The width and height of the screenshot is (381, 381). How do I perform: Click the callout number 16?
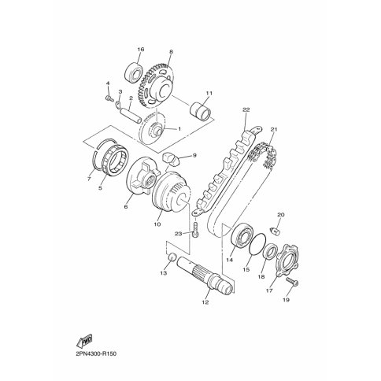141,50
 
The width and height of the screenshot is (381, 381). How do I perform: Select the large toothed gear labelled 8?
155,87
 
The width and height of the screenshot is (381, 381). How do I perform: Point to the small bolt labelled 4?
109,98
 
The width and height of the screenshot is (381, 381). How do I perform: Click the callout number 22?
246,109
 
